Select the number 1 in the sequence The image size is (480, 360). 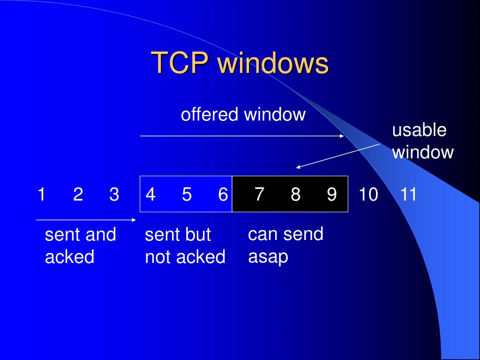click(x=41, y=194)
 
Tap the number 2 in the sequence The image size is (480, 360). click(x=78, y=194)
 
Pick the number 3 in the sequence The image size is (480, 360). click(x=114, y=194)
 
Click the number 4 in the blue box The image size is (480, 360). click(x=150, y=194)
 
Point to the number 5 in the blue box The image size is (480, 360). click(x=187, y=194)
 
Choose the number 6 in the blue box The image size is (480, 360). click(x=223, y=194)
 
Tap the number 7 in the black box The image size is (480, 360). click(x=259, y=194)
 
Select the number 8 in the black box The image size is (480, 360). click(x=295, y=194)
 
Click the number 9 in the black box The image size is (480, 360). click(x=332, y=194)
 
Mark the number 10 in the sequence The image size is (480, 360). click(x=368, y=194)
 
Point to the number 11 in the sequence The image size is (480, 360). click(x=408, y=194)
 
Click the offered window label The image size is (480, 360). click(x=243, y=114)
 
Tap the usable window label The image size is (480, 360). click(x=422, y=141)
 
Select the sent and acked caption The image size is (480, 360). click(x=80, y=246)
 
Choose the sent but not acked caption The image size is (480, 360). click(x=185, y=246)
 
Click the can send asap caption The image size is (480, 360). click(x=285, y=245)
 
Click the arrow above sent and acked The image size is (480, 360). click(x=86, y=219)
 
